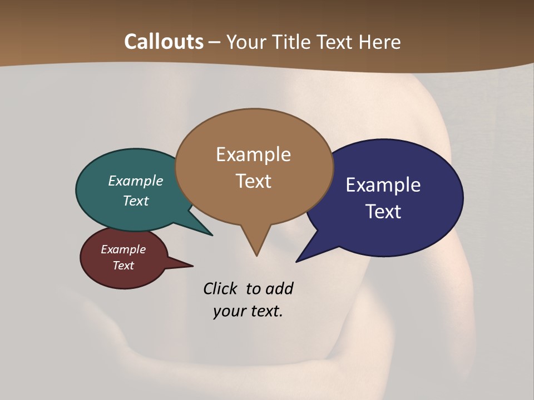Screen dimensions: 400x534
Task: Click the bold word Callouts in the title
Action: (164, 42)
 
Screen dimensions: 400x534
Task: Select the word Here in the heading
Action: (380, 42)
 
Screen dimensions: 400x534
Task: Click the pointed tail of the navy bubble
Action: (298, 261)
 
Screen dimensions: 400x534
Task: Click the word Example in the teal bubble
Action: (136, 181)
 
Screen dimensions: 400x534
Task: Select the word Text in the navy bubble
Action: (384, 212)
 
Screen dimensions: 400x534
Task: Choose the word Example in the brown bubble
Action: (253, 154)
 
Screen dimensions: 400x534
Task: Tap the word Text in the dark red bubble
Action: (123, 266)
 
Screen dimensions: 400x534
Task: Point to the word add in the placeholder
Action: (279, 288)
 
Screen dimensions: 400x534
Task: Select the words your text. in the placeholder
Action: (248, 311)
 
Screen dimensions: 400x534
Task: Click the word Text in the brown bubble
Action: (254, 181)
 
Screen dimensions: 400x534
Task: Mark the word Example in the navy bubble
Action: (383, 185)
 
